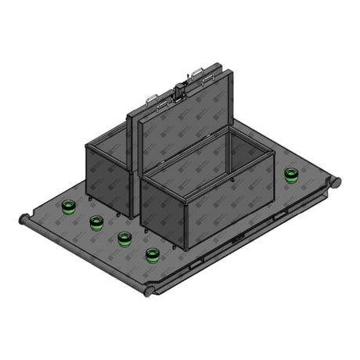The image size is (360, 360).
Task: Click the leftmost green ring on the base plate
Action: click(69, 207)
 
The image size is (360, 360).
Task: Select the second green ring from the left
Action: click(96, 222)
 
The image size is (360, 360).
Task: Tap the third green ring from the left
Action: click(124, 238)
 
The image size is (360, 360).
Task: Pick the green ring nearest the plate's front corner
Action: click(153, 255)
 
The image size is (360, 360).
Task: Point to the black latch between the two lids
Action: click(181, 88)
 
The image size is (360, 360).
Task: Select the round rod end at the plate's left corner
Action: click(24, 219)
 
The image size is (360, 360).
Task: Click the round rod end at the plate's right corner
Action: click(337, 182)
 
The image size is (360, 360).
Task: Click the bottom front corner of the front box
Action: click(187, 249)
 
